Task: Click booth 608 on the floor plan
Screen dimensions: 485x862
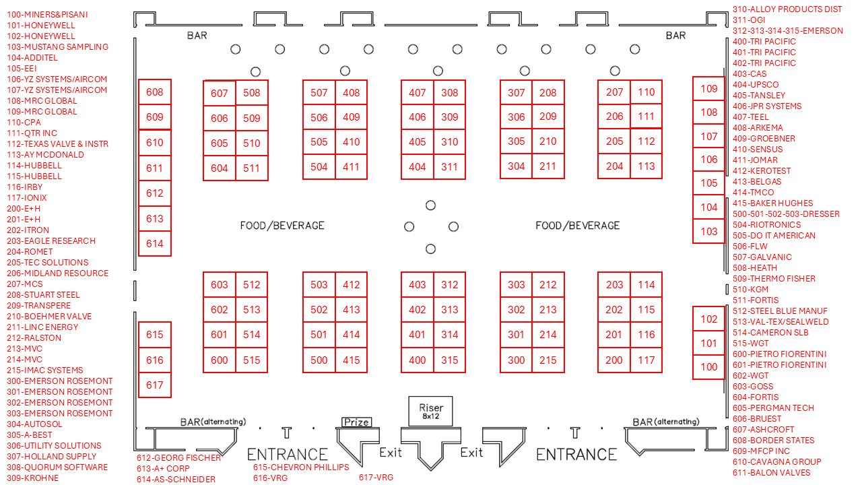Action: [154, 92]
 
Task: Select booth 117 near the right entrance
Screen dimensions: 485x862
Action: [646, 360]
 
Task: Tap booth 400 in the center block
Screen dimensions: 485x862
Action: [418, 360]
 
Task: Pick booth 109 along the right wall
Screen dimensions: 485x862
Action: [709, 89]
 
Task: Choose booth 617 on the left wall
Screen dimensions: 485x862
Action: [154, 385]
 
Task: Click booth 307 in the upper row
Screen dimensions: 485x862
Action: [517, 93]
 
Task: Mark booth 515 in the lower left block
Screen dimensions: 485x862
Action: [252, 360]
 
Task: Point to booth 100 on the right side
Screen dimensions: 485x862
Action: [709, 367]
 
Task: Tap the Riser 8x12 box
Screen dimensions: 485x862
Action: [431, 411]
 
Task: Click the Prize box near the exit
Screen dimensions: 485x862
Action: [356, 422]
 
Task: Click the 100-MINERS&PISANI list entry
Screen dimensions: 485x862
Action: [47, 14]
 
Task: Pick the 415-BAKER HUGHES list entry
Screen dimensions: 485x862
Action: [772, 203]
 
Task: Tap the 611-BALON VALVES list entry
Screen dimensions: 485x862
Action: [771, 472]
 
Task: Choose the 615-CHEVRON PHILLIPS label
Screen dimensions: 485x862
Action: [301, 467]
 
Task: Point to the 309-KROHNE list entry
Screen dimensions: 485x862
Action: [32, 478]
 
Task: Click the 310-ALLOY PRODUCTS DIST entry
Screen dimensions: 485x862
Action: [787, 9]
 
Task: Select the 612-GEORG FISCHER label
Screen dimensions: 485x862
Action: [178, 457]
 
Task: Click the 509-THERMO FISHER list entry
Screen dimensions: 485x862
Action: [774, 278]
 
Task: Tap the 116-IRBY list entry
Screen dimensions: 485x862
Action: [24, 187]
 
